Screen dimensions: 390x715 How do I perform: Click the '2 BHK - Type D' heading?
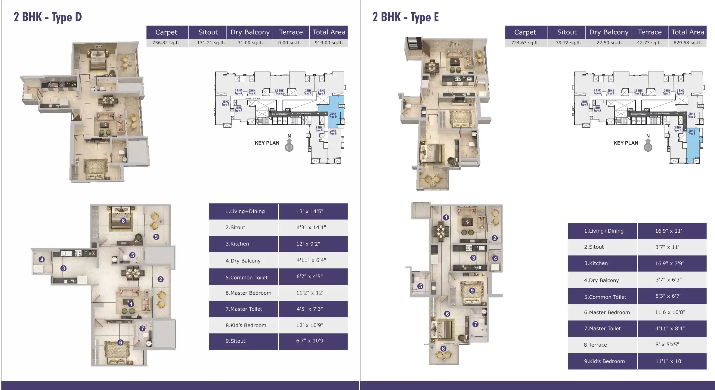[x=48, y=17]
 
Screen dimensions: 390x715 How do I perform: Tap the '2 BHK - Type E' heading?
[x=405, y=17]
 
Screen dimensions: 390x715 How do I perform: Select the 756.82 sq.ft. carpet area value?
[x=166, y=43]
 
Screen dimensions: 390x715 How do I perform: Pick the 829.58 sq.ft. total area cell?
[x=687, y=43]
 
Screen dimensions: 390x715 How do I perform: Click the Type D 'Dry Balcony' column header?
[x=250, y=32]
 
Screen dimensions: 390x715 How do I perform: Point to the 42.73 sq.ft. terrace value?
[x=649, y=43]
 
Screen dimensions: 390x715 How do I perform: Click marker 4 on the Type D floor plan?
[x=42, y=259]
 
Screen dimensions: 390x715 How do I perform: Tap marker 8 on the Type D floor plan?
[x=123, y=221]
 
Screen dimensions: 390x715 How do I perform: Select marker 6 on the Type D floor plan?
[x=121, y=342]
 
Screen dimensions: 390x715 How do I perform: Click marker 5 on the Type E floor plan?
[x=420, y=286]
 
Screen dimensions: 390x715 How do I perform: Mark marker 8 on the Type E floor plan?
[x=443, y=349]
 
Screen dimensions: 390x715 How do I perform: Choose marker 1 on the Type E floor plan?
[x=446, y=218]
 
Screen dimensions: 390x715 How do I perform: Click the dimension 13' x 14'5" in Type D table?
[x=310, y=211]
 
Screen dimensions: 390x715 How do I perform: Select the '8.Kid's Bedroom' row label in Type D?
[x=246, y=325]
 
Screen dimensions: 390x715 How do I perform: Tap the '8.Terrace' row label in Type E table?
[x=595, y=345]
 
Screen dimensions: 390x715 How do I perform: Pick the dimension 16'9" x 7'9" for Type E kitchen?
[x=670, y=263]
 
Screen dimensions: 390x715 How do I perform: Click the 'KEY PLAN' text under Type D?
[x=267, y=143]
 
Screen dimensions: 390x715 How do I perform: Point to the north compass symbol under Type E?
[x=648, y=144]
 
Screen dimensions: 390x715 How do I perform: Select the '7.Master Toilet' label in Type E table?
[x=602, y=329]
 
